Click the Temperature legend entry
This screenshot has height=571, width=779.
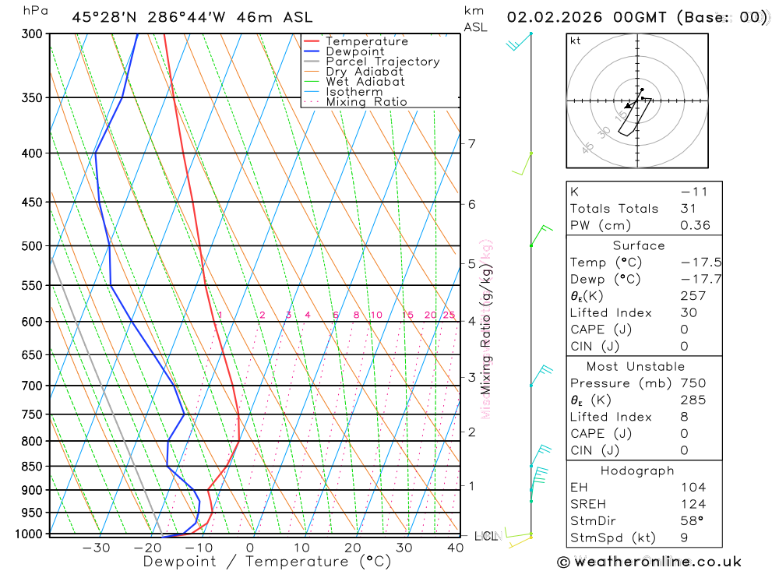[366, 41]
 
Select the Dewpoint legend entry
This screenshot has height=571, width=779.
[354, 51]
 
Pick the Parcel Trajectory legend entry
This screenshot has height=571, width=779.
[382, 62]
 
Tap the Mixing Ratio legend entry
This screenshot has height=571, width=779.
[366, 101]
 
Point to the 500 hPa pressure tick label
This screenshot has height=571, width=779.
[32, 246]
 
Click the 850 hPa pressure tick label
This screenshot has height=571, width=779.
[32, 467]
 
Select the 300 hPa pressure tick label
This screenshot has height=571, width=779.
[32, 34]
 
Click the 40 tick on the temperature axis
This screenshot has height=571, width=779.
[455, 548]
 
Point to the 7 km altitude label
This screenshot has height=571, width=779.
[471, 143]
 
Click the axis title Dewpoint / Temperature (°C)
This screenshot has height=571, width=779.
[267, 561]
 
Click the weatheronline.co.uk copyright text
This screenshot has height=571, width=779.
[649, 562]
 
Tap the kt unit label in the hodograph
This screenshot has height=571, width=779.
[576, 41]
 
